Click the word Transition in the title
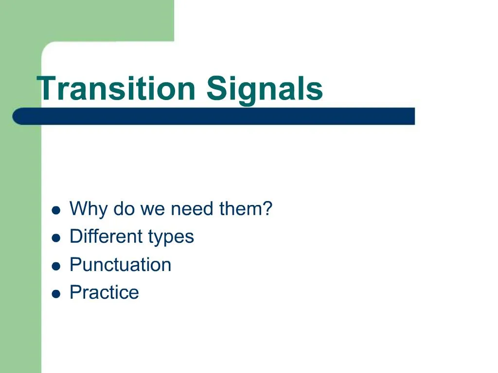pos(117,89)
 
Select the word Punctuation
pos(120,265)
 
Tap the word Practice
pos(104,292)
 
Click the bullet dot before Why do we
pos(56,210)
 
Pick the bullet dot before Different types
pos(56,238)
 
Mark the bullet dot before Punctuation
pos(56,266)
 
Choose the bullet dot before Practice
pos(56,294)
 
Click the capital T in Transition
pos(48,89)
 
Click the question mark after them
pos(267,209)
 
